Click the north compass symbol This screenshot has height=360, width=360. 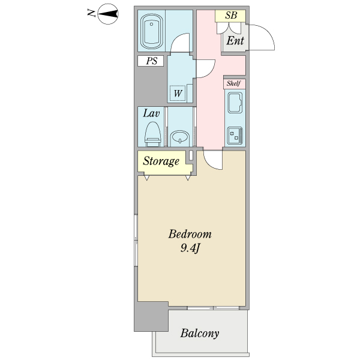[x=107, y=13]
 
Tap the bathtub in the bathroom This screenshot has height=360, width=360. [x=151, y=32]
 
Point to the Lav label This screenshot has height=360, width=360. [x=150, y=113]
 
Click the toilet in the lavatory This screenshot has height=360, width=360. [x=153, y=134]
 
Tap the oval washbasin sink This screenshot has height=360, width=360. [x=179, y=138]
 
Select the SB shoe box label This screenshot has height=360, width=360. [x=231, y=16]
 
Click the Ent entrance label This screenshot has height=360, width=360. [x=235, y=41]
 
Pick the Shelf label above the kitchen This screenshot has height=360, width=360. [x=233, y=83]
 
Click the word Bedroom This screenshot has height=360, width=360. [x=190, y=234]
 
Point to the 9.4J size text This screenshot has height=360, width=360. [x=190, y=248]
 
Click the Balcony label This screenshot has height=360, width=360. [x=200, y=333]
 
